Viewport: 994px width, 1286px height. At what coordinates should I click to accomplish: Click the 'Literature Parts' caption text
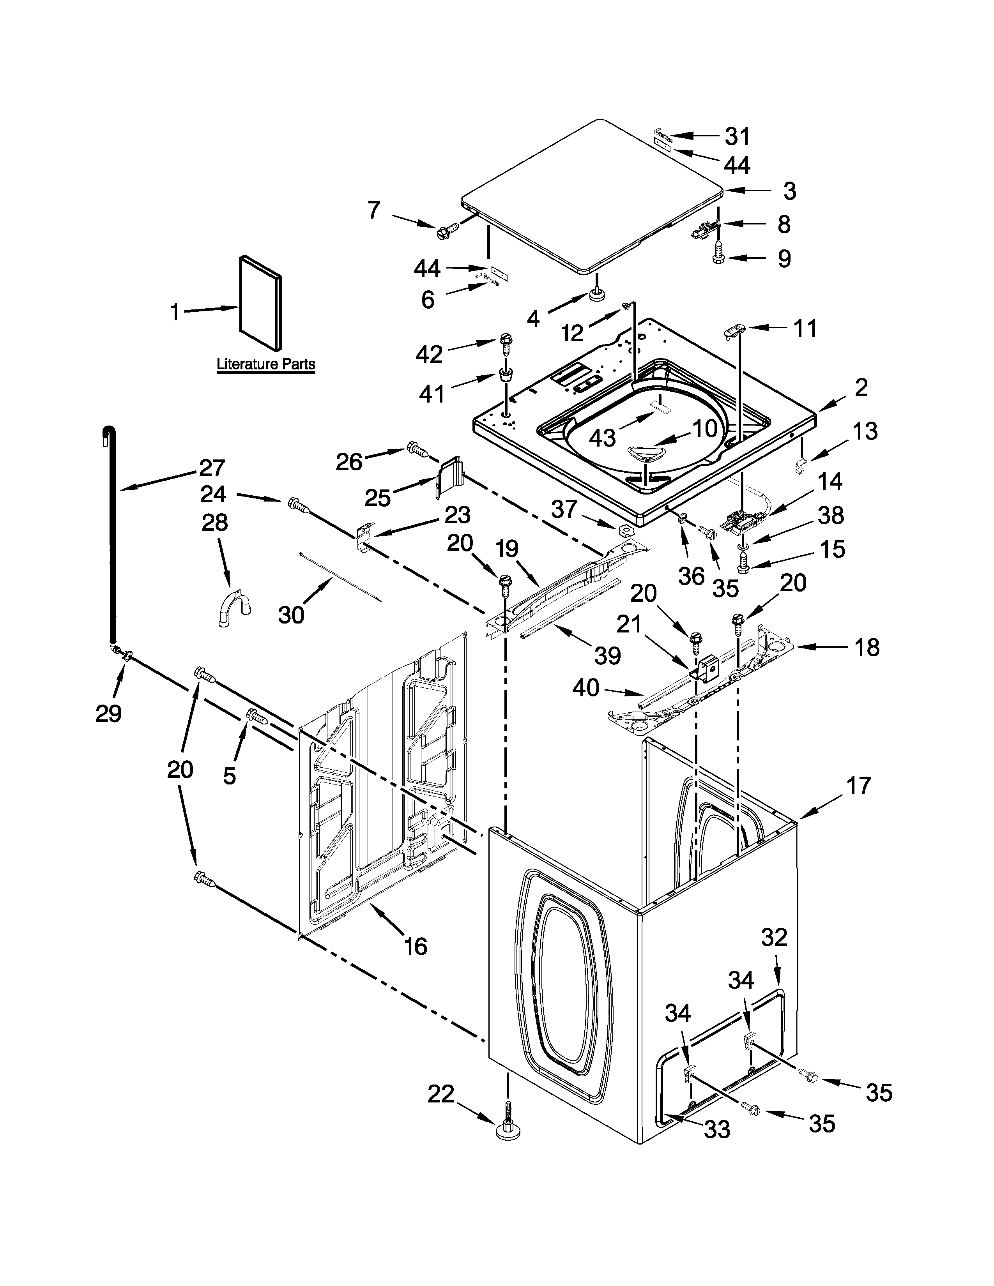[x=265, y=364]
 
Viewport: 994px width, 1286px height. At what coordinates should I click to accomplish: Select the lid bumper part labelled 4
[x=599, y=294]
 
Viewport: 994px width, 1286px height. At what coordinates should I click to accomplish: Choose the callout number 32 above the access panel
[x=774, y=937]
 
